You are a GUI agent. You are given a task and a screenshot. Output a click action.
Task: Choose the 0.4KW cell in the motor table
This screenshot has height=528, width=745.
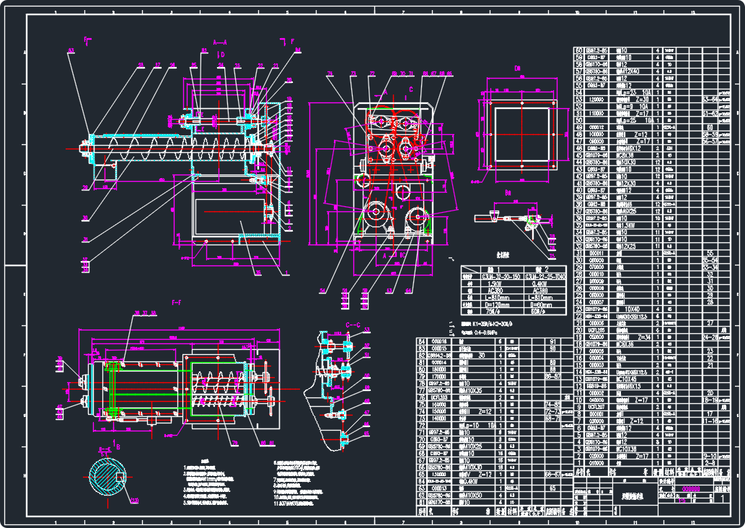(537, 284)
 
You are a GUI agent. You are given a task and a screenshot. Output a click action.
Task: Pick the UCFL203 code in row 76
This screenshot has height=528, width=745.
(439, 397)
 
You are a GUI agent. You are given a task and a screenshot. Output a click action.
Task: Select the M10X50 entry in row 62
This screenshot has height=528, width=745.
(475, 495)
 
